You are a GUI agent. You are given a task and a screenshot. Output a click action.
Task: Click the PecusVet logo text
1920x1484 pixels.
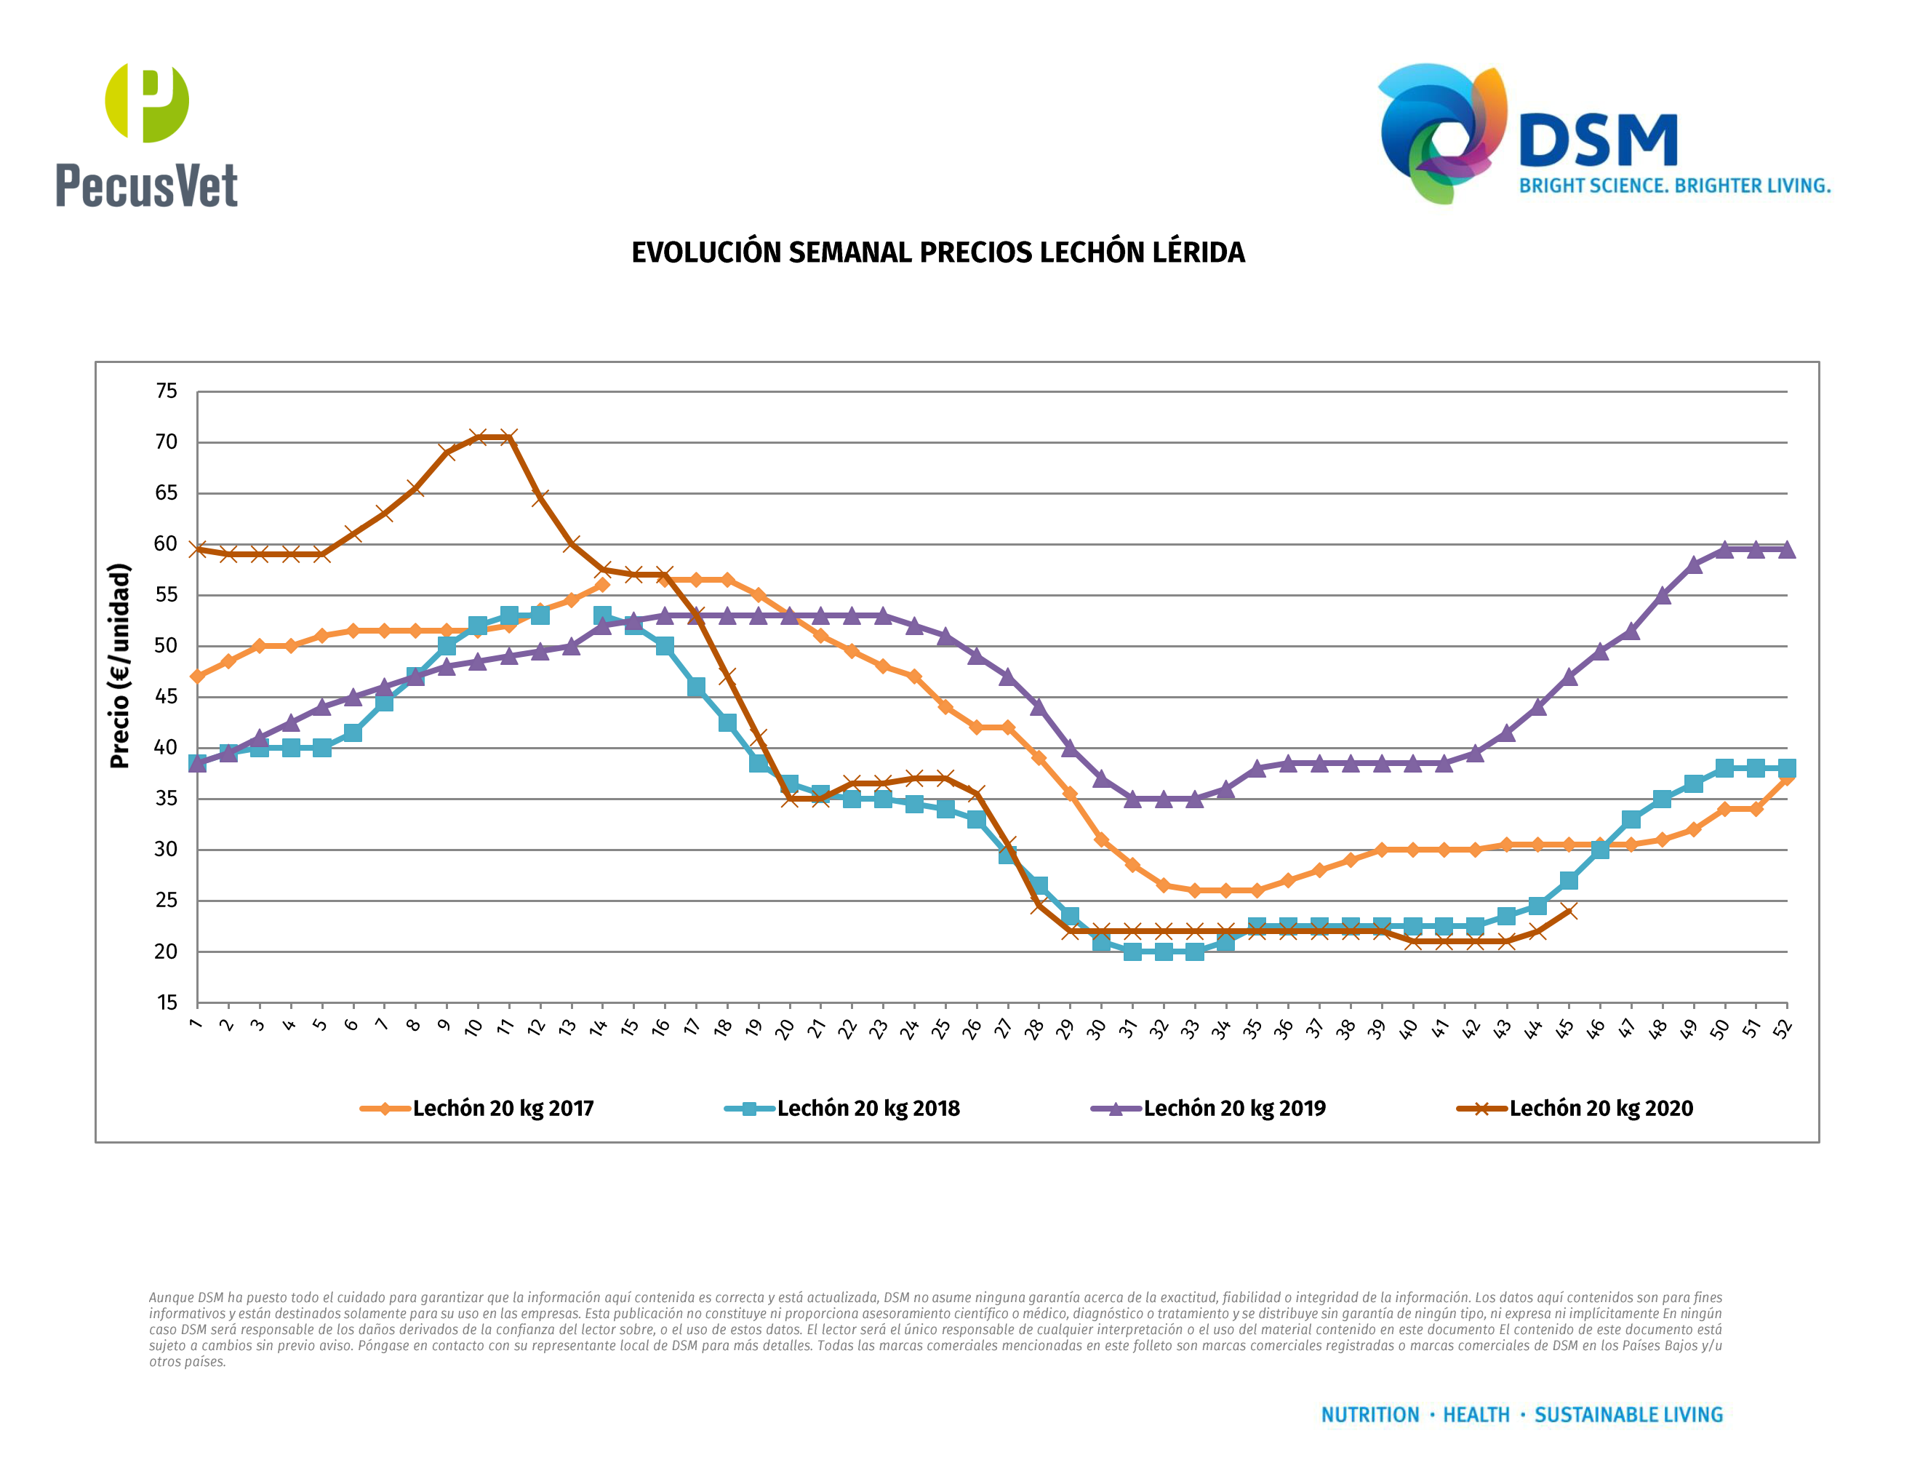[x=147, y=185]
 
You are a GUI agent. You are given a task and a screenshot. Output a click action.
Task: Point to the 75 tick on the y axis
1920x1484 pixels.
[x=166, y=391]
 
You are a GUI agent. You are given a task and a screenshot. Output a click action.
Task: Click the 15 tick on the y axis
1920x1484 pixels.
[x=166, y=1003]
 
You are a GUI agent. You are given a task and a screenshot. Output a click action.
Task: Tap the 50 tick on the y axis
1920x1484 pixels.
[x=166, y=646]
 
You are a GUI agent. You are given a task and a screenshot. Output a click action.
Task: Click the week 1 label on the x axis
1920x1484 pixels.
[x=195, y=1024]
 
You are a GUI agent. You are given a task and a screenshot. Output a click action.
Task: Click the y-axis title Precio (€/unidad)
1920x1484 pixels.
[x=119, y=666]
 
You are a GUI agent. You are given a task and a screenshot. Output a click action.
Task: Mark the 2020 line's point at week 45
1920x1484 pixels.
[x=1568, y=911]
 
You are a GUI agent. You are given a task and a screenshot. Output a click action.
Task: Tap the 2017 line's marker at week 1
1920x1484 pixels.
[x=198, y=676]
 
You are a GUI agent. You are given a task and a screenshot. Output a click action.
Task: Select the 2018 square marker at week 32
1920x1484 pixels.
[x=1163, y=952]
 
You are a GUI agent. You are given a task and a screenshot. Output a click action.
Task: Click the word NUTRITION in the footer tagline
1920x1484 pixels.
[x=1369, y=1415]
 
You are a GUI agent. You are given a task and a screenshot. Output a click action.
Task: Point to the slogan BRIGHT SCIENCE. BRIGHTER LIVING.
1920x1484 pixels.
[x=1675, y=186]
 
